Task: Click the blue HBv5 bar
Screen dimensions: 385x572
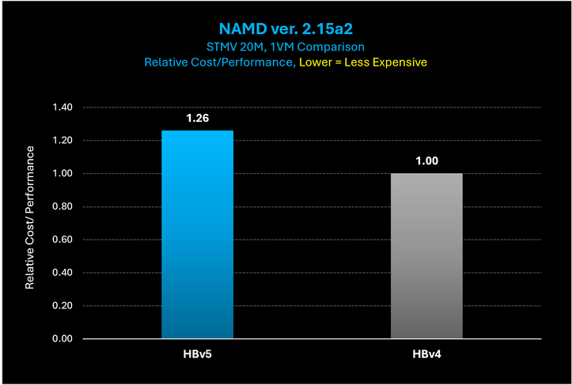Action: point(197,235)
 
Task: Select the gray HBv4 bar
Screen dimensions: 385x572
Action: point(426,256)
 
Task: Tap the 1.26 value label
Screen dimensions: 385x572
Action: point(198,118)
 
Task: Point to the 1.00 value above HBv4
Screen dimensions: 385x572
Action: point(426,160)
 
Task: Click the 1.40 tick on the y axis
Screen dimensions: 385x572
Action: point(61,108)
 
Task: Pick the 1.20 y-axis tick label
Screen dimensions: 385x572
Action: point(61,141)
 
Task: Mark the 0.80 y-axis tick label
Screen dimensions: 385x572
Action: point(61,207)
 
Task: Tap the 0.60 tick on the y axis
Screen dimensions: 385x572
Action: point(61,240)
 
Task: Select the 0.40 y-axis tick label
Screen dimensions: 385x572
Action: point(61,273)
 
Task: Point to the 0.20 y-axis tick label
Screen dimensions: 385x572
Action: point(61,306)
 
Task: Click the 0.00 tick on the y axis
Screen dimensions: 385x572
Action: point(61,339)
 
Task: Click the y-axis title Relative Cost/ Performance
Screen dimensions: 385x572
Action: point(31,217)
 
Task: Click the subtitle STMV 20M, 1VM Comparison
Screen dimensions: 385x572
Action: point(286,47)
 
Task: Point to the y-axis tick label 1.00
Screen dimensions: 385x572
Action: point(61,174)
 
